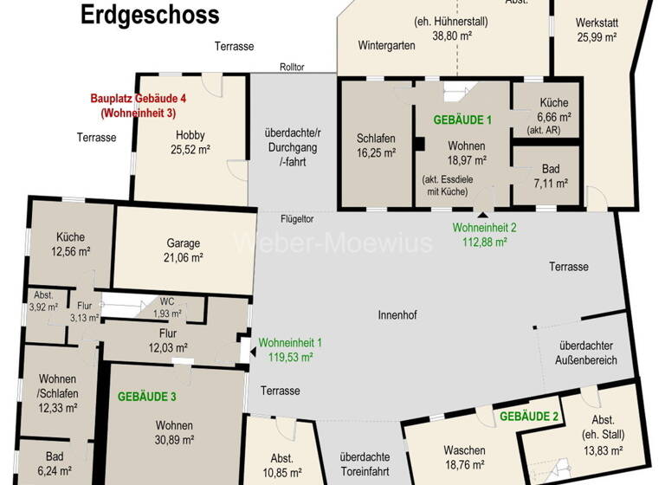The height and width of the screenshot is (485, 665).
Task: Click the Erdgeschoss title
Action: coord(150,15)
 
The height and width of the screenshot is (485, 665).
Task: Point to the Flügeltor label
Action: coord(296,218)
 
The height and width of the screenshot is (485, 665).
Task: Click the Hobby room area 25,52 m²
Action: coord(190,149)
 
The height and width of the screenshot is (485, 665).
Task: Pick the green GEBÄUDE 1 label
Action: coord(462,120)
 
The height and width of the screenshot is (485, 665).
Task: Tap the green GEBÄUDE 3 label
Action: coord(147,397)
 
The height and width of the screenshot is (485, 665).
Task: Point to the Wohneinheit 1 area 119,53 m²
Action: coord(289,355)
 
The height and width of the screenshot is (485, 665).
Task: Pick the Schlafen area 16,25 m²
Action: coord(376,152)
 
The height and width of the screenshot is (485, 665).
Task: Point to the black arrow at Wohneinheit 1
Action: coord(252,352)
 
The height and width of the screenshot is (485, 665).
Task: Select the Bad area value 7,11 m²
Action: coord(550,183)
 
